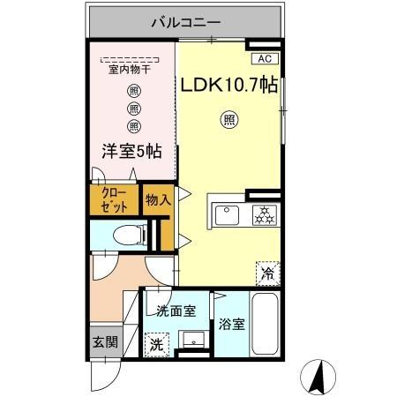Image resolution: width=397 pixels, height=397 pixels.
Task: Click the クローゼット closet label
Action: click(114, 199)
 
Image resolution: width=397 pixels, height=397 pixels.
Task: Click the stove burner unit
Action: click(264, 213)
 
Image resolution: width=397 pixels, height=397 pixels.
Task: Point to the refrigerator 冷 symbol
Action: click(266, 274)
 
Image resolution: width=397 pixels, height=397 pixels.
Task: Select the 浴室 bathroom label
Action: click(233, 324)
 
